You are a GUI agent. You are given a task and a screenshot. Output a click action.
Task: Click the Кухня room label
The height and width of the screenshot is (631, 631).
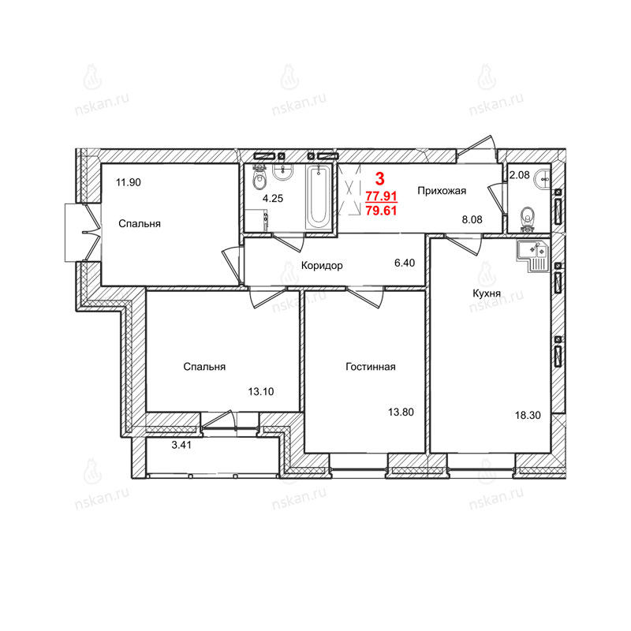coord(487,293)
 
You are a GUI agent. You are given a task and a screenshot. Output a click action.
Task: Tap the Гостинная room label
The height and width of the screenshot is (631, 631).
coord(371,367)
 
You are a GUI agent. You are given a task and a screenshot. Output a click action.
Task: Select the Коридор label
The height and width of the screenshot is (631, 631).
coord(322,266)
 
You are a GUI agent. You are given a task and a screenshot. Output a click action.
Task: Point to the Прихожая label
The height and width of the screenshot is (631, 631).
coord(442,191)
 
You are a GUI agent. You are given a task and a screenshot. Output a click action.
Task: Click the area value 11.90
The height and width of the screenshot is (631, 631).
coord(129,182)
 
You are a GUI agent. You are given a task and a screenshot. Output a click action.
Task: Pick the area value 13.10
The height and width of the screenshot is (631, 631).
coord(261,391)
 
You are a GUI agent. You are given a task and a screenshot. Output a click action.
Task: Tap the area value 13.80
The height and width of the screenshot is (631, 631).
coord(401,412)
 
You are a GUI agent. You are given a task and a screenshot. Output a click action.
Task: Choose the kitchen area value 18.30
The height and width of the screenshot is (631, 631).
coord(528,415)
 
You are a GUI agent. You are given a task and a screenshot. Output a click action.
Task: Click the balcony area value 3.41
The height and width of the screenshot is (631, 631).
coord(181,445)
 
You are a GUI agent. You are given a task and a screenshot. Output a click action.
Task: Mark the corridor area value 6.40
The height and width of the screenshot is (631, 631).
coord(405,263)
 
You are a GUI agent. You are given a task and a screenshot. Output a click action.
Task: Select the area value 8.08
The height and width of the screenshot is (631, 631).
coord(472,219)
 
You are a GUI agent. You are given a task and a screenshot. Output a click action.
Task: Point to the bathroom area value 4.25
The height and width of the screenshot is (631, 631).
coord(273,198)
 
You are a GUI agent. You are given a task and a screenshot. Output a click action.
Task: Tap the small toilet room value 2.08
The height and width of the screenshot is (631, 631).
coord(520,175)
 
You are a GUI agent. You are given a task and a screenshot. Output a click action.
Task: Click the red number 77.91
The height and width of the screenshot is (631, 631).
coord(381,196)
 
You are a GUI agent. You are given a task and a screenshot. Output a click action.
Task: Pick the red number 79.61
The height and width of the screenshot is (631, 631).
coord(381,210)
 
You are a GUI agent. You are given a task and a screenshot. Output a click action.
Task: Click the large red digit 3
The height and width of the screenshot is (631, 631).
coord(379,178)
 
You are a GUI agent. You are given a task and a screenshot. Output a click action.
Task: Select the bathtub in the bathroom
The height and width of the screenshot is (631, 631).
coord(319,197)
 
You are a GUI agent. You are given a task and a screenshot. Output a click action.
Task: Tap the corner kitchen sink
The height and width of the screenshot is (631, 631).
coord(533,256)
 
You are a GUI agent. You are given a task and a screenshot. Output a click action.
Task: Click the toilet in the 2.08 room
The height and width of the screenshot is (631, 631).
coord(527,218)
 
